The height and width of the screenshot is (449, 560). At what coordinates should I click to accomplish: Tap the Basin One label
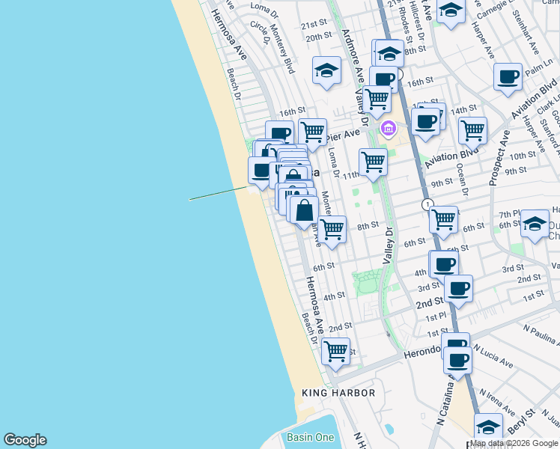(x=309, y=437)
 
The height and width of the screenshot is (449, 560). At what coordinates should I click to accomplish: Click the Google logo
(x=25, y=440)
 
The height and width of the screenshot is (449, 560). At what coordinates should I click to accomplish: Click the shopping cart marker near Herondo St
(x=335, y=350)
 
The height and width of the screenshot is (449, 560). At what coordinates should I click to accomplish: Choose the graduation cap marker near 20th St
(x=327, y=70)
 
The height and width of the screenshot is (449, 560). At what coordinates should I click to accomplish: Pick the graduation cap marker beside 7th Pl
(x=535, y=224)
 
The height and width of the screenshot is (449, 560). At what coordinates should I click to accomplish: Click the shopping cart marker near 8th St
(x=332, y=229)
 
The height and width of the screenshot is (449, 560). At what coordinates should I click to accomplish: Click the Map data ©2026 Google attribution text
(x=514, y=443)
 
